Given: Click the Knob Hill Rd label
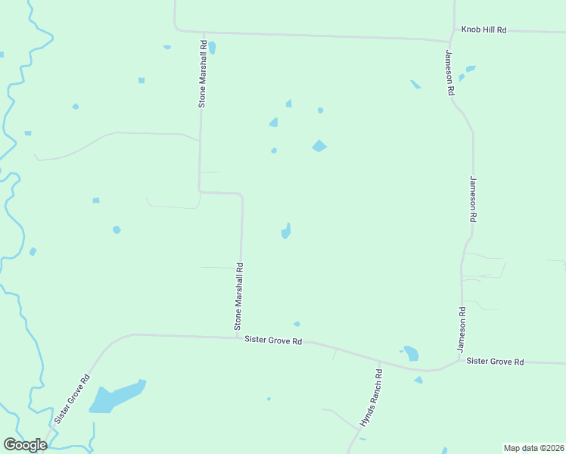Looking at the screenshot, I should tap(484, 30).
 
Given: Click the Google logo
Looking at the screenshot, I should tap(25, 445).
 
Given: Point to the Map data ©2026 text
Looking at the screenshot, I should tap(533, 448).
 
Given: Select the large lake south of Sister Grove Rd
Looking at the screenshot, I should tap(114, 397).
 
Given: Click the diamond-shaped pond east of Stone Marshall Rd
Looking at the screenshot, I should tap(319, 146).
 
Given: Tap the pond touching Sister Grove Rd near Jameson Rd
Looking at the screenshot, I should tap(411, 353).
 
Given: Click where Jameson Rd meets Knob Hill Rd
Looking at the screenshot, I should tap(452, 40).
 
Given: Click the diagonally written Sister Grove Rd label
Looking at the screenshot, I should tap(72, 399).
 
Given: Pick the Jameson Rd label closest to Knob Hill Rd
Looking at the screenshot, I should tap(449, 73).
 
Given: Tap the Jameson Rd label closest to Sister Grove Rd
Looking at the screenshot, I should tap(460, 329).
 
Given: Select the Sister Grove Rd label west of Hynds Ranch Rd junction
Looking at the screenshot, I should tap(273, 340).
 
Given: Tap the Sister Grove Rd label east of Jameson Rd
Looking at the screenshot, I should tap(495, 362).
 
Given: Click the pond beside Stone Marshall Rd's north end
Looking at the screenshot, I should tap(212, 48).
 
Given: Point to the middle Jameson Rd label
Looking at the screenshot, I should tap(473, 198).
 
